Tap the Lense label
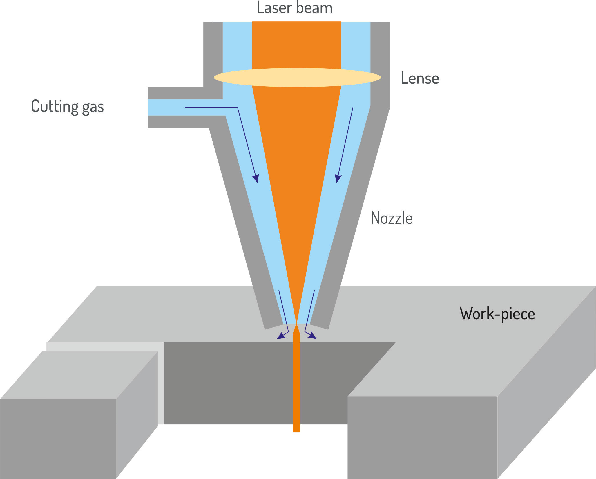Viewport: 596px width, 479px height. pos(420,78)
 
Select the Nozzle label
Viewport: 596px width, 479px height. pos(392,218)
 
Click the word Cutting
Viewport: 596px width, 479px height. pos(55,106)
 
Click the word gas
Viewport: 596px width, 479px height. pos(93,107)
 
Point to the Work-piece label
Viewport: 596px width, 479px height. pos(497,314)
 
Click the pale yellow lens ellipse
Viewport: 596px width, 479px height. pos(297,77)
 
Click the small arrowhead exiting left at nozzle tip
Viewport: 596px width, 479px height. pos(281,336)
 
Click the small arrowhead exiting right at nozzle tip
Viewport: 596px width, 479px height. pos(312,336)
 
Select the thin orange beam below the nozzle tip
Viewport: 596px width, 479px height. pos(296,383)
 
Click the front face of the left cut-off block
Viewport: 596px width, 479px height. pos(58,439)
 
